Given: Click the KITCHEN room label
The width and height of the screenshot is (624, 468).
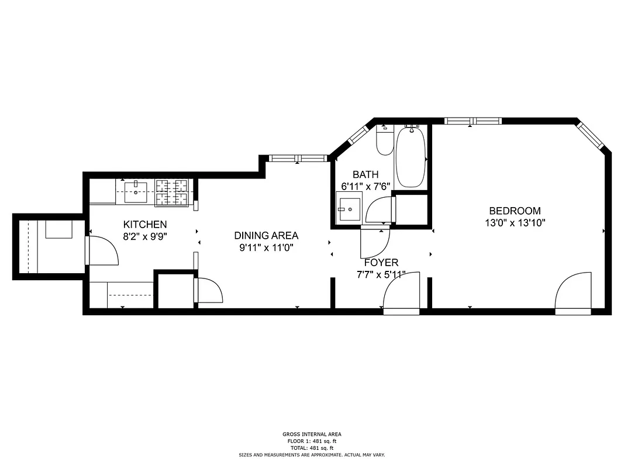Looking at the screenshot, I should coord(145,224).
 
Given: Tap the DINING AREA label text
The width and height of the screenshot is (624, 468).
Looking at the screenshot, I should coord(266,235).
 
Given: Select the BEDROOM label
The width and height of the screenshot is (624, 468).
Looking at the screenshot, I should coord(515,211).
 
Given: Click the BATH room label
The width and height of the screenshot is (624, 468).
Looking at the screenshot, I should coord(366,174).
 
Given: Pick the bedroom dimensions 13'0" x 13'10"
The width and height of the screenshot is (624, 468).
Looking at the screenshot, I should coord(515,222).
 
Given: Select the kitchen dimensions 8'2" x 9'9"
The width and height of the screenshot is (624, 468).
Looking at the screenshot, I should coord(145,236).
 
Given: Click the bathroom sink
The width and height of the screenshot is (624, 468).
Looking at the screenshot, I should coord(349,209).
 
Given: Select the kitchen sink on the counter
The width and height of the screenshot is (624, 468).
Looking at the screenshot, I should coord(137,191).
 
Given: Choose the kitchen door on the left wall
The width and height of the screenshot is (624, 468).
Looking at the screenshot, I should coord(103,250).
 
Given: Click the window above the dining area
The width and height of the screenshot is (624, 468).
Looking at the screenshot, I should coord(298,158).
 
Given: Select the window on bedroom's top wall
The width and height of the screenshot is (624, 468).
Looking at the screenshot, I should coord(473,121).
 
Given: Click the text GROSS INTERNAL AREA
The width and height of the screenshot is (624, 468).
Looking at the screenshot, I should coord(312,434).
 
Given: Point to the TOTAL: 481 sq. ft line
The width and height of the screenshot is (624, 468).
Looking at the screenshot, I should coord(312,448).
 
